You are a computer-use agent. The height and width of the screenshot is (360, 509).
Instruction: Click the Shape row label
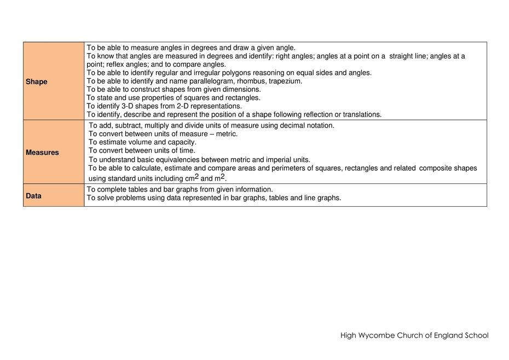pos(37,82)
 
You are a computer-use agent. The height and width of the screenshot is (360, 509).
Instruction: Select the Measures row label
pos(42,153)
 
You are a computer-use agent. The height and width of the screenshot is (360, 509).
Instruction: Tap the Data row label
pos(33,196)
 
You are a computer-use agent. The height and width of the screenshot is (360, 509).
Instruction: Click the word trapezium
pos(285,81)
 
